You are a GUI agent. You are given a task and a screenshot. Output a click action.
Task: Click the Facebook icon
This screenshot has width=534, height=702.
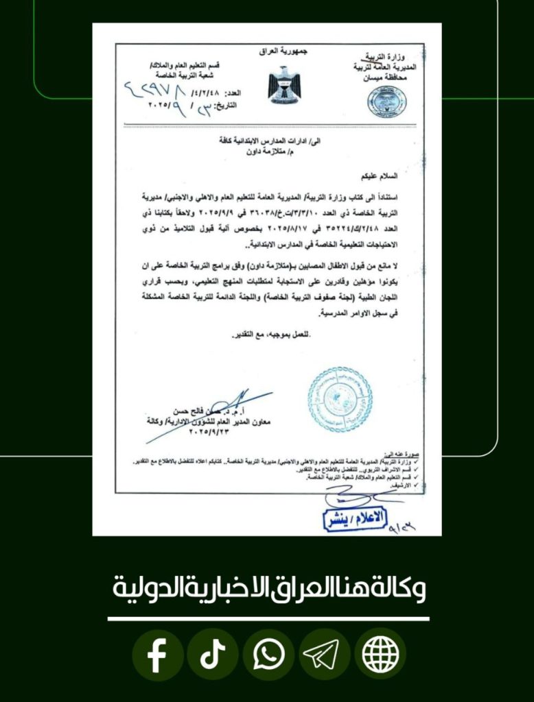157,655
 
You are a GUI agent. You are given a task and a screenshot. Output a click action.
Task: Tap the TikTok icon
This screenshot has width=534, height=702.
213,655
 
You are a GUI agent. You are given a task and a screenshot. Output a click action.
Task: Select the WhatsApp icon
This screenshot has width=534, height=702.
268,655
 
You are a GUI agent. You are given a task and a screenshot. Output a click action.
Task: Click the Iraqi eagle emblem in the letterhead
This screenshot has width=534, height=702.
283,84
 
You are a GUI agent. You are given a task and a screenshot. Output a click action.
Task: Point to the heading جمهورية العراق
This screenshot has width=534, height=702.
283,51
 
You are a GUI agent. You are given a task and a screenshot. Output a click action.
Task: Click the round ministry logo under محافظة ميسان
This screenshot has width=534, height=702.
386,101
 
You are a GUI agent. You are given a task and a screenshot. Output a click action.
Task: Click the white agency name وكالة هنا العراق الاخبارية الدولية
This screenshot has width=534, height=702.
268,588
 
